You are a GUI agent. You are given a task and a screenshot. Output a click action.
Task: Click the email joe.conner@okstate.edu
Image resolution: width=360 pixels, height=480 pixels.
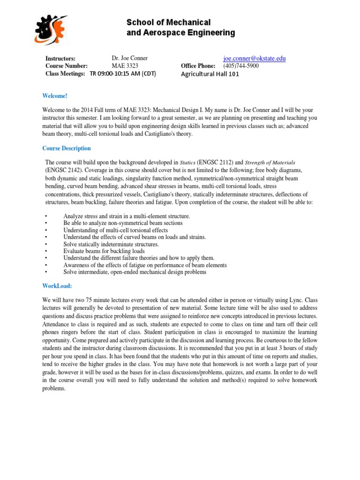254,59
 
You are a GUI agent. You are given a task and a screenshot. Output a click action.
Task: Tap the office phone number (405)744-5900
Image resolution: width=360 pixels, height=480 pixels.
240,66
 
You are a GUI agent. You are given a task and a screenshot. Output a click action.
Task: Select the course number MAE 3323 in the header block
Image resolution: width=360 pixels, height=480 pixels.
125,66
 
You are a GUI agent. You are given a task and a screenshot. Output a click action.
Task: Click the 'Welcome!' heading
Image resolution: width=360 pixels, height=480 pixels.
55,96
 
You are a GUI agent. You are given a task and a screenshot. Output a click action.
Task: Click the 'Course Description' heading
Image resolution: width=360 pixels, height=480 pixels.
67,149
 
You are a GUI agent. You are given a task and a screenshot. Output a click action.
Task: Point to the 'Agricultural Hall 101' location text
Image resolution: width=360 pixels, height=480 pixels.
210,74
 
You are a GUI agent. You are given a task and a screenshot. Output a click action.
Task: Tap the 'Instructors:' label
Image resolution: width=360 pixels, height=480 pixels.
60,59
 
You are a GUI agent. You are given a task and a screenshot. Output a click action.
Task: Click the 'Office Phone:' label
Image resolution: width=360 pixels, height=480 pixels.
198,66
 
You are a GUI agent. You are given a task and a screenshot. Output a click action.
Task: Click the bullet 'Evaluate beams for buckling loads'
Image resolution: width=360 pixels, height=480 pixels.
104,251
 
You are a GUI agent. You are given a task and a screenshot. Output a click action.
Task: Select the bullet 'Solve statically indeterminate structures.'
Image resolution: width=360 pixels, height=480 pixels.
111,244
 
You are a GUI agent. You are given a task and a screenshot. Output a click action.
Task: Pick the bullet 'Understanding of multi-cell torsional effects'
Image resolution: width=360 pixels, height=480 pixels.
115,230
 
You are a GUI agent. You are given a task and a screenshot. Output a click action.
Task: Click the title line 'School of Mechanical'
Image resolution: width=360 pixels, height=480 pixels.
169,22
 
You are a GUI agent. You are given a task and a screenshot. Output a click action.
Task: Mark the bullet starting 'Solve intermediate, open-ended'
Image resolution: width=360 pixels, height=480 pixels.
135,272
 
